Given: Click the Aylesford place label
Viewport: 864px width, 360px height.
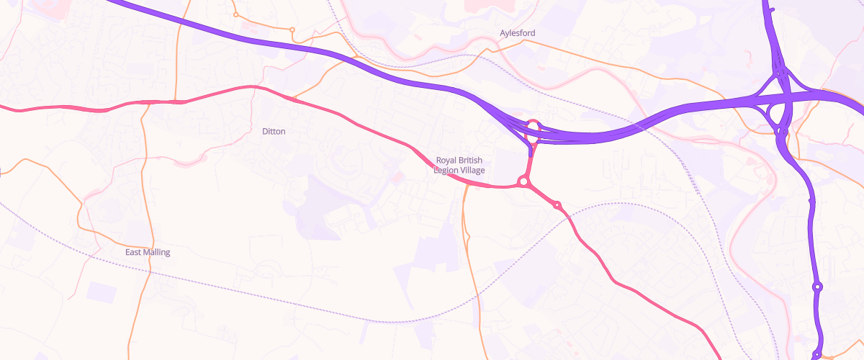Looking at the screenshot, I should (518, 33).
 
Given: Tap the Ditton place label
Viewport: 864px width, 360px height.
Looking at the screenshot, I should (274, 132).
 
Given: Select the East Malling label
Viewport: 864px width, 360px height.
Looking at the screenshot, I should (148, 253).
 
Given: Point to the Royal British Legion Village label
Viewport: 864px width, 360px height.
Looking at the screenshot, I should (459, 165).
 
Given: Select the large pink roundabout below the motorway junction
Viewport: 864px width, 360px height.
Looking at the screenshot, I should (523, 183).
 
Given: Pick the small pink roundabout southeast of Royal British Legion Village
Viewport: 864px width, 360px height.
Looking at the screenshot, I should (557, 206).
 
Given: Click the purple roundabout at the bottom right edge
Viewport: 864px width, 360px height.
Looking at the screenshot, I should (816, 354).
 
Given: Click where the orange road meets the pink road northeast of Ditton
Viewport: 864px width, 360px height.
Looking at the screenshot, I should (293, 97).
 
